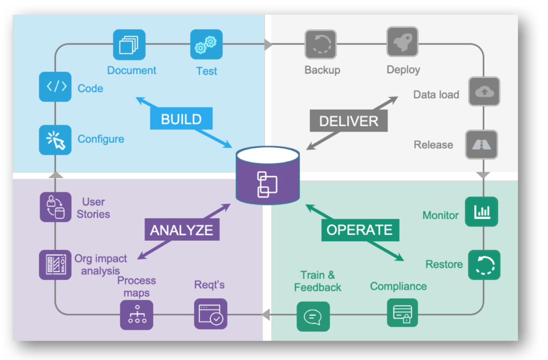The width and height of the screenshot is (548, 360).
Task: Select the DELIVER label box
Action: [348, 121]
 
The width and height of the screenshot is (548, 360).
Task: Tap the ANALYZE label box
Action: [181, 230]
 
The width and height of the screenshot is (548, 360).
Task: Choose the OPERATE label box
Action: [359, 230]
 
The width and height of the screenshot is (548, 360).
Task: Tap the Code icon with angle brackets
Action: [55, 87]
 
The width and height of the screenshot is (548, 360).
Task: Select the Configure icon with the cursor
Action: [55, 140]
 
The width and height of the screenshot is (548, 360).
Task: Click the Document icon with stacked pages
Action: [129, 45]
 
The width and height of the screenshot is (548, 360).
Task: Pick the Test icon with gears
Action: [206, 45]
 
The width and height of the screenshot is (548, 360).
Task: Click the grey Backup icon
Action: [321, 45]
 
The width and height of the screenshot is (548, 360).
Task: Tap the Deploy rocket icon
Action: [402, 43]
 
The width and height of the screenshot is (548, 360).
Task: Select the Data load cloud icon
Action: [484, 93]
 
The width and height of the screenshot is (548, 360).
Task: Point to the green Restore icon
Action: [484, 265]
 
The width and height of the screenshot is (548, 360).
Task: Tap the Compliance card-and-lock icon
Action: [402, 313]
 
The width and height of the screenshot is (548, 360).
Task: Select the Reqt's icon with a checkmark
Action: [210, 314]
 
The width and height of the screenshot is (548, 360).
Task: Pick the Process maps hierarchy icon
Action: [136, 315]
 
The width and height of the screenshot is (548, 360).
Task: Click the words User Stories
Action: [93, 208]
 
